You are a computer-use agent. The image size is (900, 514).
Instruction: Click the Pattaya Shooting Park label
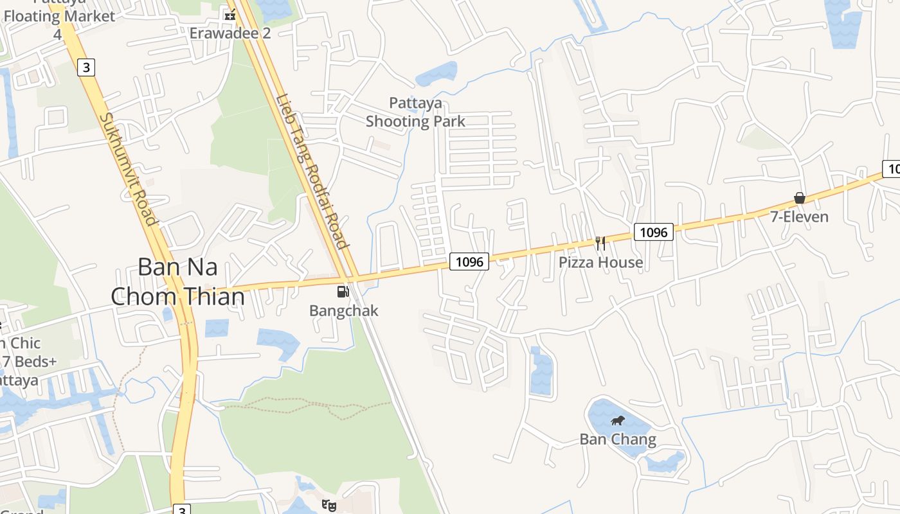point(415,112)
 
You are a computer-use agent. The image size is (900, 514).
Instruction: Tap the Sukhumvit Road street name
point(129,170)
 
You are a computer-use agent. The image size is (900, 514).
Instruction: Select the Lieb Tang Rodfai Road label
point(312,172)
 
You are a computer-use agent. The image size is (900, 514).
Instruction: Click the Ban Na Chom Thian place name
point(178,282)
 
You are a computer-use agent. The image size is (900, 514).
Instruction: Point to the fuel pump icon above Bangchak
point(343,292)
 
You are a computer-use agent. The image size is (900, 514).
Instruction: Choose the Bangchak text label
point(344,311)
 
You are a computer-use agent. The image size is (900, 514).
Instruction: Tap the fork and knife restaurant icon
point(600,243)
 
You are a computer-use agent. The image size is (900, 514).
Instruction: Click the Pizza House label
point(600,262)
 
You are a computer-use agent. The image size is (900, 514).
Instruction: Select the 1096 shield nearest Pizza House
point(654,232)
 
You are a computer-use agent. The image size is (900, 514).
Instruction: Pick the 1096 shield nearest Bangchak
point(469,261)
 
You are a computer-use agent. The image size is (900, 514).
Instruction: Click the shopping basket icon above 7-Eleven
point(800,198)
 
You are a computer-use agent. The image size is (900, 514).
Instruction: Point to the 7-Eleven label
point(800,217)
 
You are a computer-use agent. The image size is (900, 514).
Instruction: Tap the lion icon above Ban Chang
point(618,421)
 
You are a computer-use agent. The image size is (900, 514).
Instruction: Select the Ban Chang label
point(618,440)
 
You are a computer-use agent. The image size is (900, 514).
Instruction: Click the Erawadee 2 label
point(230,33)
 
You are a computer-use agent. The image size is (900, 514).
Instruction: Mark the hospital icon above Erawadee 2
point(230,15)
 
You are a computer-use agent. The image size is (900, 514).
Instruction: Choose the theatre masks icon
point(329,505)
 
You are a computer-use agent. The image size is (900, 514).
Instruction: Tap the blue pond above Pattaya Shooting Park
point(437,73)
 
